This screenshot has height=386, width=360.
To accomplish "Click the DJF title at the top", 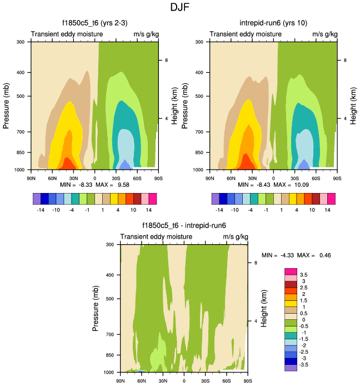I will pos(180,8).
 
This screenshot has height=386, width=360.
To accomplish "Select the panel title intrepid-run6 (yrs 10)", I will pos(273,23).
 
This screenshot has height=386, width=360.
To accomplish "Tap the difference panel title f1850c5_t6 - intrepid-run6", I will pos(184,226).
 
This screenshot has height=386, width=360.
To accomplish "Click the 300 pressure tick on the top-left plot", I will pos(20,42).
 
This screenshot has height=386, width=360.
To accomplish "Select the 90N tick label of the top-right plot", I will pos(209,178).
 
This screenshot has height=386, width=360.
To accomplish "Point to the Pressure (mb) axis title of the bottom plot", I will pos(96,308).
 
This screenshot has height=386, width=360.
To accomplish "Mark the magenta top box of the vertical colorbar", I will pos(291,271).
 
